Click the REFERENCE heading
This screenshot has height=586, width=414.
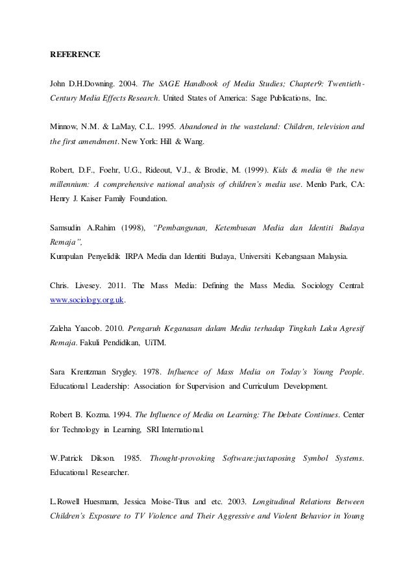[x=75, y=55]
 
